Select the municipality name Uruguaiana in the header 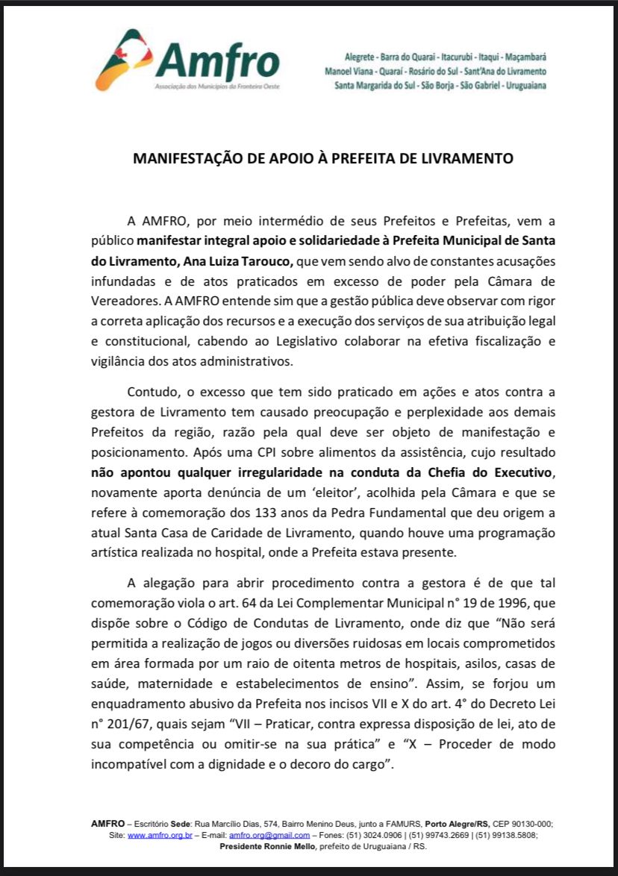tap(526, 86)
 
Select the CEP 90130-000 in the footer tap(519, 824)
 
